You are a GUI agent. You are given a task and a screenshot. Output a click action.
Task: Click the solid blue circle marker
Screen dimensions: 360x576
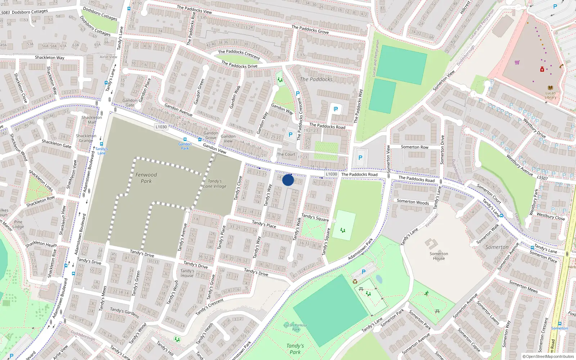[288, 180]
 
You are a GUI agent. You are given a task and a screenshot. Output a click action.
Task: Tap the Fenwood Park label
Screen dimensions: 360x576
[146, 178]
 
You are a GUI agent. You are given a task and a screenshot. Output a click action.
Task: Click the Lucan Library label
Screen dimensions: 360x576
[550, 95]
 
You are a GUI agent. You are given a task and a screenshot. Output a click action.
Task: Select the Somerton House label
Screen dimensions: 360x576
[439, 256]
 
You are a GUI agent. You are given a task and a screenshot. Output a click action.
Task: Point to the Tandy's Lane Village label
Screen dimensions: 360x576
[215, 184]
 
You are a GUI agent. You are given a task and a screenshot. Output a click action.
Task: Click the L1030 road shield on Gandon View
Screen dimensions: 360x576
[161, 127]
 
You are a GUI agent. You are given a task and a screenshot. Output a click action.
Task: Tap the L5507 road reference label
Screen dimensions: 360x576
[542, 178]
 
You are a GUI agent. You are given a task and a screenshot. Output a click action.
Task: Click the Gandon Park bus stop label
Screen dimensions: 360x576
[185, 146]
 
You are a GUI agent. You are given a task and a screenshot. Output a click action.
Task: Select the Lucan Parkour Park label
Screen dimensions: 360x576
[296, 327]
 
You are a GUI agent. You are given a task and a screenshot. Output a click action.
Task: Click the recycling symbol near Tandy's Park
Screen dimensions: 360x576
[355, 282]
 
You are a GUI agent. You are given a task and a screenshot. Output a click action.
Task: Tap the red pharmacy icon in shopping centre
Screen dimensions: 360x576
[542, 69]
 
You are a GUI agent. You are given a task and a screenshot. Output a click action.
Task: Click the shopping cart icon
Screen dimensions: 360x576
[517, 62]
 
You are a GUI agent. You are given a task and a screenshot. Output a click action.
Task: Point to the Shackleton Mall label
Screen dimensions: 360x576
[91, 120]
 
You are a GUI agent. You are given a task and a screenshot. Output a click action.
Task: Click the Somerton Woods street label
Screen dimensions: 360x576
[413, 202]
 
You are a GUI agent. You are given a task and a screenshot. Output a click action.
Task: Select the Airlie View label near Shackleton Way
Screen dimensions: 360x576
[108, 57]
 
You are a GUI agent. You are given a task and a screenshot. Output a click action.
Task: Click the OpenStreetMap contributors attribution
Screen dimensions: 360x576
[548, 356]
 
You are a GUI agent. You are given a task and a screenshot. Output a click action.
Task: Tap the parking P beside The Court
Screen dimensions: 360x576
[291, 135]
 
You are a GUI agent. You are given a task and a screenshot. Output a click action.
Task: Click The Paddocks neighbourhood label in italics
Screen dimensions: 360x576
[316, 79]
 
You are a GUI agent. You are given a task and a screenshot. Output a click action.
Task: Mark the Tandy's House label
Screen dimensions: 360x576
[187, 273]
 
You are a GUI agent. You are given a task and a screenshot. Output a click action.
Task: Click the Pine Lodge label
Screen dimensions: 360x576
[18, 224]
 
